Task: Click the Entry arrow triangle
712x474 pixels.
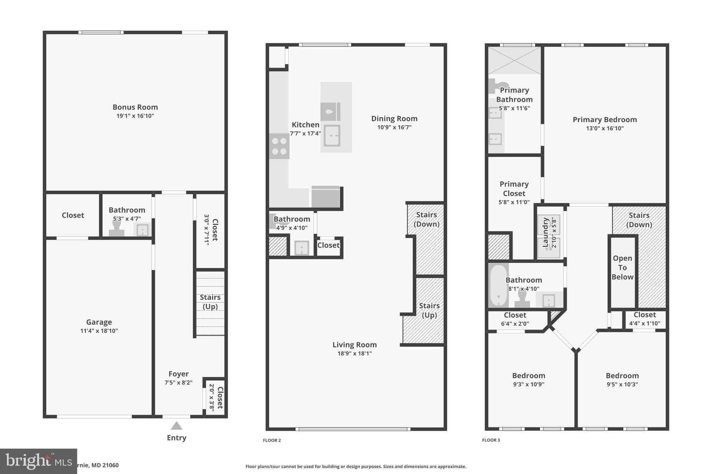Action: click(x=177, y=426)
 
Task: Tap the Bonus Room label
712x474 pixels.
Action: click(x=135, y=107)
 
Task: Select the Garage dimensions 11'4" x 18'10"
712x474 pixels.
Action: click(x=99, y=331)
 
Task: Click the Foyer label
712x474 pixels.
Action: click(x=179, y=374)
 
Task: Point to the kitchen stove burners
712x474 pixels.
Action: click(x=279, y=146)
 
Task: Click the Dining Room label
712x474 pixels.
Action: click(x=394, y=118)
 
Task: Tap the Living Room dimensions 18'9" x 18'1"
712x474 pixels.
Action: click(x=354, y=354)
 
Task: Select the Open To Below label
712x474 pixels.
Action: click(x=622, y=267)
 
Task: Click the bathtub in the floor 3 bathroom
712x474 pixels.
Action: click(x=498, y=285)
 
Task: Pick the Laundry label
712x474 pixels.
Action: click(x=545, y=232)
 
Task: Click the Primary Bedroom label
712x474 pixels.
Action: click(x=605, y=119)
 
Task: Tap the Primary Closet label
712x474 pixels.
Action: click(x=514, y=189)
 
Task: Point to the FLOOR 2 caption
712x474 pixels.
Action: click(x=272, y=440)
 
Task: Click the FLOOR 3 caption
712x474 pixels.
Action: click(x=491, y=440)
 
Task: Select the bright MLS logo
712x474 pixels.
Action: click(x=38, y=461)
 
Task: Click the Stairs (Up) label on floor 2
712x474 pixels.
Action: click(x=429, y=310)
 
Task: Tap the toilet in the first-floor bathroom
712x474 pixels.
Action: click(x=116, y=229)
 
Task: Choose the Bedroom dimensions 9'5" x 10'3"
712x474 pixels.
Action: click(x=622, y=384)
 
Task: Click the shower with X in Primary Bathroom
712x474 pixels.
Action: click(x=514, y=60)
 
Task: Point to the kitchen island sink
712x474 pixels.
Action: click(x=332, y=135)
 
